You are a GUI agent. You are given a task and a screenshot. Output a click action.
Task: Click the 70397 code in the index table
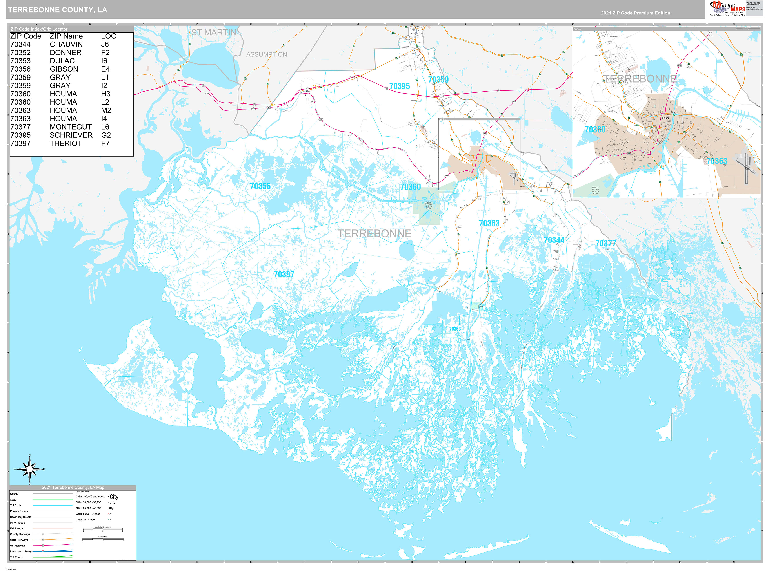20,143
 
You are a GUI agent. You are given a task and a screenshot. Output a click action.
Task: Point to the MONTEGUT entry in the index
71,127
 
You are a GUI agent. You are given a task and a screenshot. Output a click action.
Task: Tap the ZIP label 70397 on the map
284,275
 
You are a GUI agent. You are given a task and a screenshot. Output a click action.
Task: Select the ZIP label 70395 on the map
399,86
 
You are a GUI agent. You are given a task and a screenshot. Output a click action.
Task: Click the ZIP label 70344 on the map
554,240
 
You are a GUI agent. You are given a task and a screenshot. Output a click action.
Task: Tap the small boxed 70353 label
455,329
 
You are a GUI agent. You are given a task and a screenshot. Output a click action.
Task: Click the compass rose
29,469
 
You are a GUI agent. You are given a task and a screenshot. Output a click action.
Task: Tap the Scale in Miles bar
103,539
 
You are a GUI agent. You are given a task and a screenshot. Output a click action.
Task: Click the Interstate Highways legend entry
21,551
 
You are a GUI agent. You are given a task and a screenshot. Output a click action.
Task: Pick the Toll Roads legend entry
16,557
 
